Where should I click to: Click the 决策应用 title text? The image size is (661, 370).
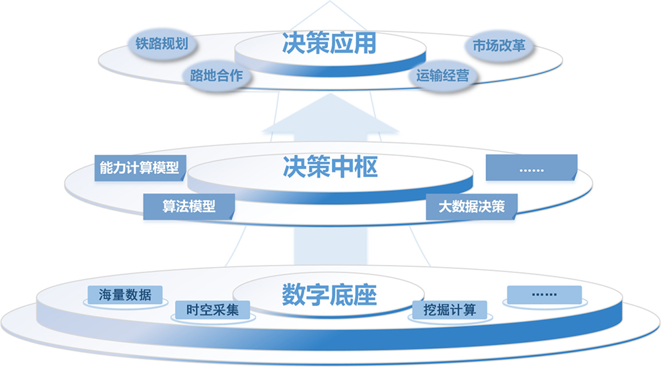(329, 44)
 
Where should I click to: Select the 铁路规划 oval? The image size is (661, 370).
(162, 45)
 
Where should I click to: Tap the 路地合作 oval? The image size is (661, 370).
(216, 76)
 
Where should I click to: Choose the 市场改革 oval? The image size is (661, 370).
(499, 48)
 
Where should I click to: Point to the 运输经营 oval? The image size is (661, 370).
(443, 76)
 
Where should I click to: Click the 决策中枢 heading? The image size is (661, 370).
(329, 168)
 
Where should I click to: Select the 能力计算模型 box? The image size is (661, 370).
(139, 168)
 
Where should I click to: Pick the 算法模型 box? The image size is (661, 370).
(189, 205)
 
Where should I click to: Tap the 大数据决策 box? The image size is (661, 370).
(471, 206)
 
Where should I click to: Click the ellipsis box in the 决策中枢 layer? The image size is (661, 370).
(531, 168)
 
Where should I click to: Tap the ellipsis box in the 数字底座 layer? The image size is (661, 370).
(544, 295)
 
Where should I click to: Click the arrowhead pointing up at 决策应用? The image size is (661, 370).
(330, 116)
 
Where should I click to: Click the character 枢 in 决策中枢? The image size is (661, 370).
(366, 168)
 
